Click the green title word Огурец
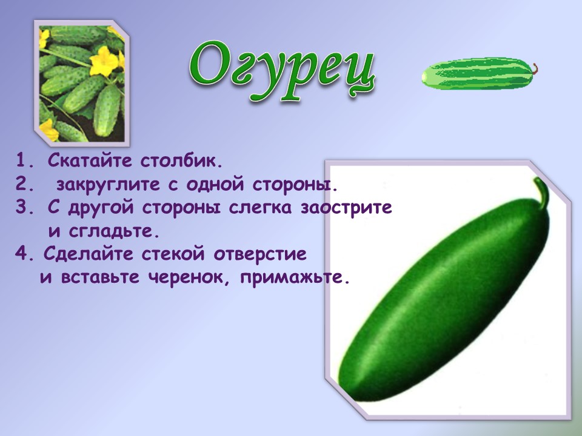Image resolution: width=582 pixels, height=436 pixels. (x=282, y=70)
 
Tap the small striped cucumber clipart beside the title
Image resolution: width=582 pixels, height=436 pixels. (x=479, y=73)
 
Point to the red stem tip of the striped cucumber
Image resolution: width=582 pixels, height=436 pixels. (x=535, y=69)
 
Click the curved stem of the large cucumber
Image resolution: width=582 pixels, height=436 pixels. (x=542, y=191)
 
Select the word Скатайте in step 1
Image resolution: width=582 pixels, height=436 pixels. (x=90, y=160)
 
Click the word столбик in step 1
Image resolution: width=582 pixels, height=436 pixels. (x=181, y=160)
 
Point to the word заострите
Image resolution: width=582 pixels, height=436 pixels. (x=346, y=208)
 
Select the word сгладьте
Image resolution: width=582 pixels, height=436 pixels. (x=115, y=231)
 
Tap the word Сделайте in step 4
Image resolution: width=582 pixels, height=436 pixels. (x=89, y=254)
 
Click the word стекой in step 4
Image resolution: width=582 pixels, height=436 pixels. (x=173, y=254)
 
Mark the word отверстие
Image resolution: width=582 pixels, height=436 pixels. (x=260, y=254)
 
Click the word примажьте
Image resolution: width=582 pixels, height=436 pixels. (x=295, y=278)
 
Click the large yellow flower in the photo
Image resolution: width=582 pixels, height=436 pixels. (x=104, y=61)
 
